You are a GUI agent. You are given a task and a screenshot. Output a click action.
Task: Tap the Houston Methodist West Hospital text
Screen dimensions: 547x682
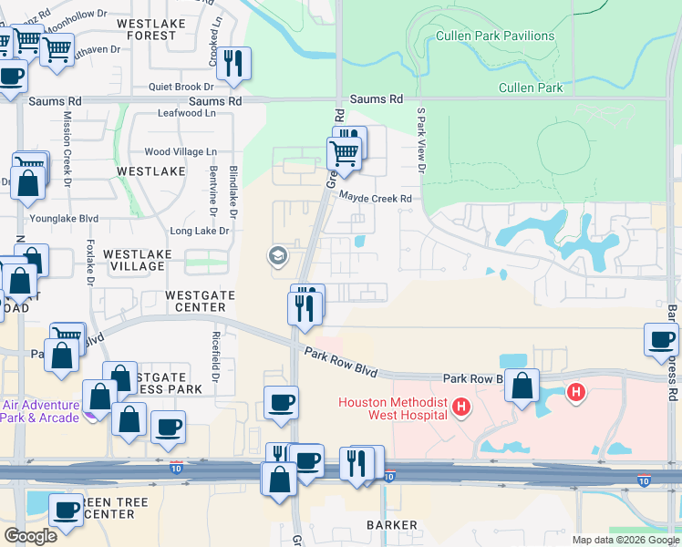pyautogui.click(x=393, y=408)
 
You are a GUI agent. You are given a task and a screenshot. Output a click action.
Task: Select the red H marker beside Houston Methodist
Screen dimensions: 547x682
pyautogui.click(x=461, y=406)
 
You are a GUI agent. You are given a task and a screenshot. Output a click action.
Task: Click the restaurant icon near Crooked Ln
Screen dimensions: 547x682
pyautogui.click(x=235, y=63)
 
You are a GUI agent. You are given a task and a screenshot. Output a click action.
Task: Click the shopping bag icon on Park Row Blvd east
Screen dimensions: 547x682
pyautogui.click(x=522, y=386)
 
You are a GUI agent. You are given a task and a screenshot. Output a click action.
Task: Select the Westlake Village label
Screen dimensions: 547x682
pyautogui.click(x=134, y=260)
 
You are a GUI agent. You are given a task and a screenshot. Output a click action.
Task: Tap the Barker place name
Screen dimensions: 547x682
pyautogui.click(x=392, y=525)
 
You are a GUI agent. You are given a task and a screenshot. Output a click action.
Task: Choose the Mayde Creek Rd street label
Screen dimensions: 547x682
pyautogui.click(x=376, y=198)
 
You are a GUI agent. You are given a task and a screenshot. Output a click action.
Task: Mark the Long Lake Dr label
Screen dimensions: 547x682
pyautogui.click(x=200, y=232)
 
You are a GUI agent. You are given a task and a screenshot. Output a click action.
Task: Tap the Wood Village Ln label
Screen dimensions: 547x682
pyautogui.click(x=181, y=151)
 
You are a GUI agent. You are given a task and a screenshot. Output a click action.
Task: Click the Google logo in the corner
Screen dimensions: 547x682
pyautogui.click(x=30, y=535)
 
